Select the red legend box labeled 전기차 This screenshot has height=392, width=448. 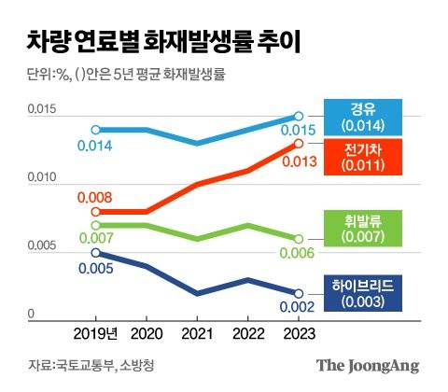pos(371,156)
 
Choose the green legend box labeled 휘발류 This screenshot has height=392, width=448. pos(371,227)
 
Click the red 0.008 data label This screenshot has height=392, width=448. pos(95,197)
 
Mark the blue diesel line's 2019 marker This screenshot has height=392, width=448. pos(95,130)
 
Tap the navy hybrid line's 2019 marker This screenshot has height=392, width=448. pos(95,252)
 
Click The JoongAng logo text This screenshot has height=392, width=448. pos(367,366)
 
